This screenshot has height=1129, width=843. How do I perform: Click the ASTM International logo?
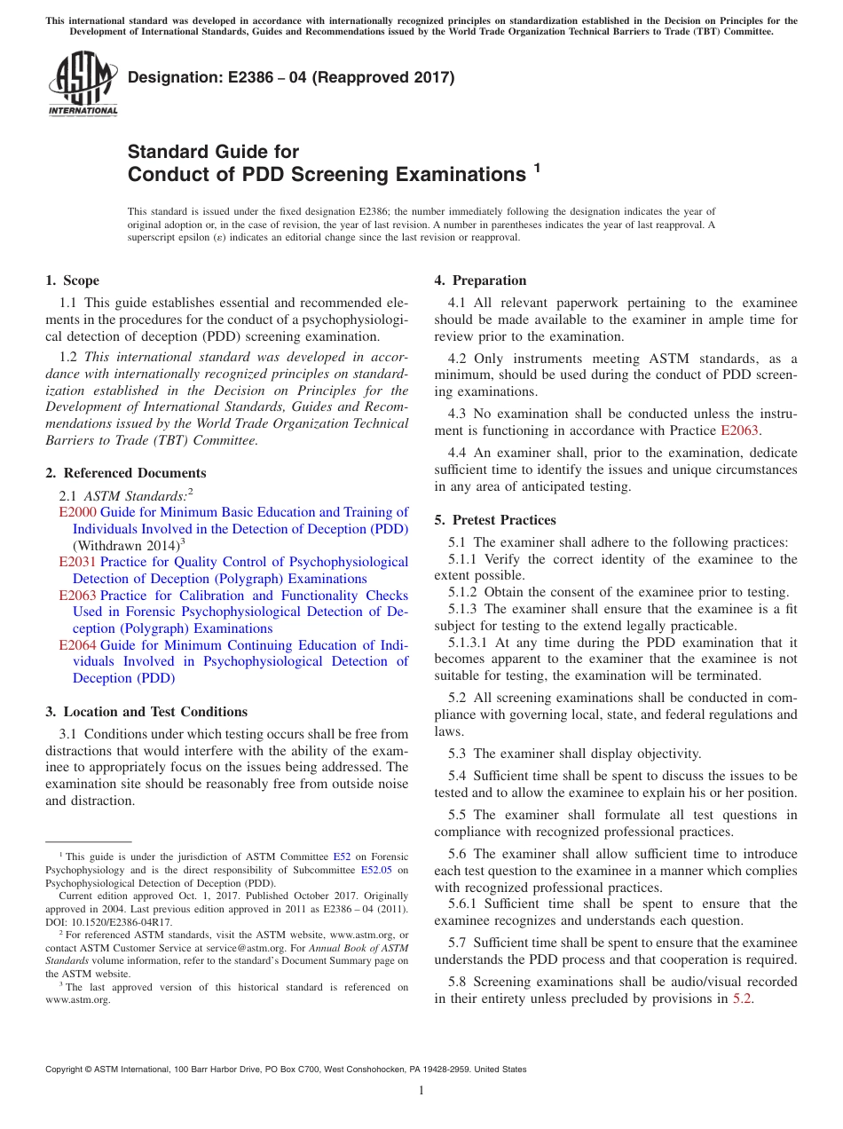click(83, 83)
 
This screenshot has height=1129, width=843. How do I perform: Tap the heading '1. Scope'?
click(72, 280)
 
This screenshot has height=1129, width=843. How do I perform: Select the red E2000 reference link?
click(77, 512)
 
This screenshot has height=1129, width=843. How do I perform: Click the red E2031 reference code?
click(77, 562)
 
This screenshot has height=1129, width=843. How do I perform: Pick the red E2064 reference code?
click(77, 645)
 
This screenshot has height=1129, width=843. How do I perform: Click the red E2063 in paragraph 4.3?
click(740, 430)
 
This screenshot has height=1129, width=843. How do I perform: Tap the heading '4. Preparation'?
click(480, 280)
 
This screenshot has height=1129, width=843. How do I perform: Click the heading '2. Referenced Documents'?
click(125, 473)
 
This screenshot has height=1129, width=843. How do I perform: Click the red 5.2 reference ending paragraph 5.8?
click(742, 999)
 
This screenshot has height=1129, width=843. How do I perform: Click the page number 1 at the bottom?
click(421, 1091)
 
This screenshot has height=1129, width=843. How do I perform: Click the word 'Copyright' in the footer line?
click(67, 1070)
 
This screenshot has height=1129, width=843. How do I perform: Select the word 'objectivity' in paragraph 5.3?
click(666, 754)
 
